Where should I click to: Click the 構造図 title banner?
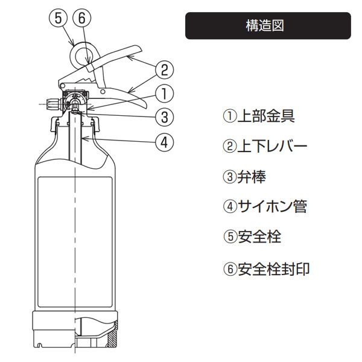tap(268, 25)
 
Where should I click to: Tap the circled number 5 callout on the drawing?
tap(58, 18)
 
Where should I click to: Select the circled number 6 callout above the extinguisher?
tap(82, 18)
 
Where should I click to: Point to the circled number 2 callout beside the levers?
tap(164, 70)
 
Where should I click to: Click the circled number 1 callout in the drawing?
tap(164, 94)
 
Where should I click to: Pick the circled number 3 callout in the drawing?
tap(164, 117)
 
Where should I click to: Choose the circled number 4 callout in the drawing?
tap(164, 142)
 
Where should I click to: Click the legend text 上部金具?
tap(266, 116)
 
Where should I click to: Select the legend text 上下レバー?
tap(273, 146)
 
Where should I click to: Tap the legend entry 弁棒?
tap(252, 177)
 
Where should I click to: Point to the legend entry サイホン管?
tap(273, 206)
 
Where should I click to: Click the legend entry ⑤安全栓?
tap(252, 237)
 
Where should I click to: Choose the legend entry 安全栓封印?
tap(274, 269)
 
